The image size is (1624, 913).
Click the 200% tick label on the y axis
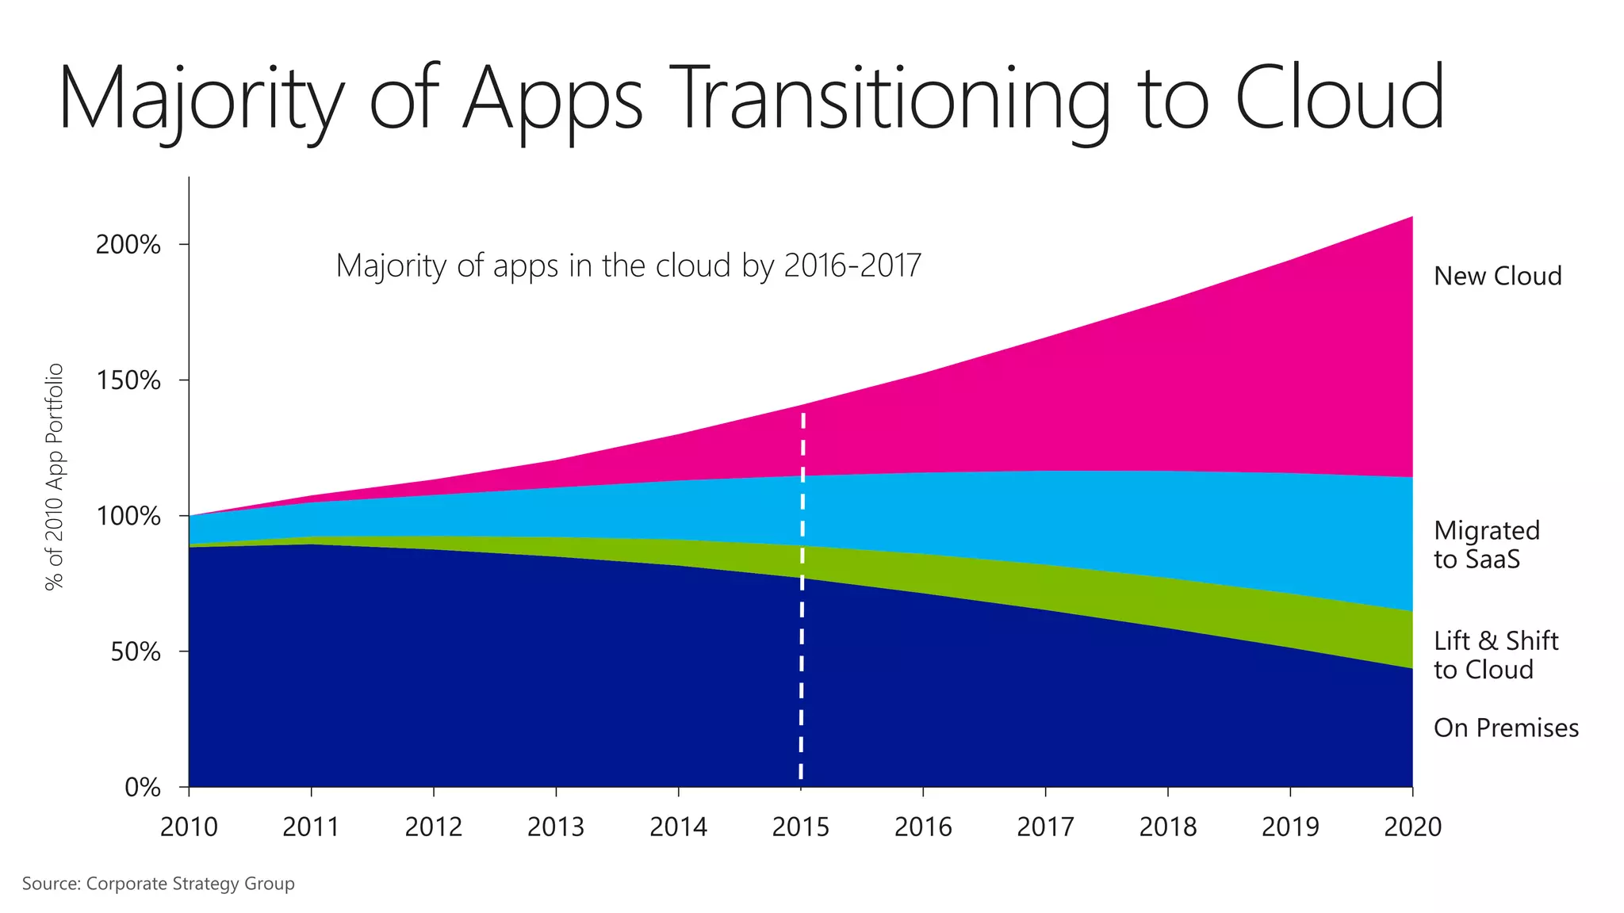(128, 244)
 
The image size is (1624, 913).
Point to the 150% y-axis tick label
(128, 380)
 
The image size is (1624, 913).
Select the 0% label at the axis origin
(143, 788)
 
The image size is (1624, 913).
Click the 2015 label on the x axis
(800, 827)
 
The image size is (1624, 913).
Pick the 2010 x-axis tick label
(189, 827)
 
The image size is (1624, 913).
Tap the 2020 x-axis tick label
(1412, 827)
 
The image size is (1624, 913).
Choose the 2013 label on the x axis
(555, 827)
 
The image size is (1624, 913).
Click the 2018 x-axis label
(1167, 827)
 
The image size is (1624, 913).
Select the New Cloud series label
(1497, 276)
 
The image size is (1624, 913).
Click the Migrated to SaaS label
(1486, 544)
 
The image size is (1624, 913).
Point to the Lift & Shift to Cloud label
(1496, 655)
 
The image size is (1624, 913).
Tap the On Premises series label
(1506, 728)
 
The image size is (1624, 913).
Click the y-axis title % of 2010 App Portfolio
(54, 477)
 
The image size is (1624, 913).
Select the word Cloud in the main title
(1340, 98)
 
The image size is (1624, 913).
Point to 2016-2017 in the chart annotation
(852, 265)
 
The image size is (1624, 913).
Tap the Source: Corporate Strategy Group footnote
(158, 884)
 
